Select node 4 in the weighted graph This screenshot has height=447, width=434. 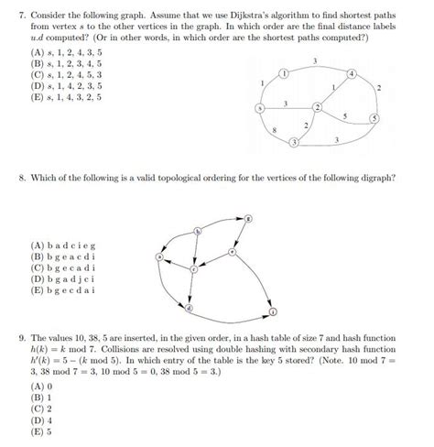pyautogui.click(x=352, y=72)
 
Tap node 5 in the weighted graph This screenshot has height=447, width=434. pyautogui.click(x=374, y=119)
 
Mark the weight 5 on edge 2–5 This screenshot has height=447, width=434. pyautogui.click(x=343, y=116)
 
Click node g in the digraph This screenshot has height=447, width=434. pyautogui.click(x=247, y=218)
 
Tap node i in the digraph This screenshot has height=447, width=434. pyautogui.click(x=273, y=313)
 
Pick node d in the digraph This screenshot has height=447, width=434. pyautogui.click(x=189, y=309)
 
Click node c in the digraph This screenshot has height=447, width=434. pyautogui.click(x=193, y=269)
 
